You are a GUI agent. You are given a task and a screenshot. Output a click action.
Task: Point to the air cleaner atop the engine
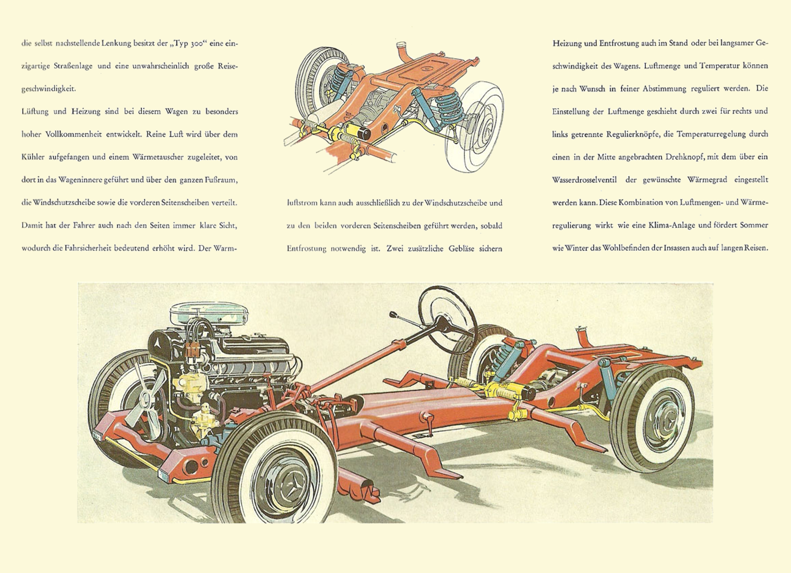point(209,313)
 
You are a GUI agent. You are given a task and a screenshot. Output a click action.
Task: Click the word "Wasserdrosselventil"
point(584,180)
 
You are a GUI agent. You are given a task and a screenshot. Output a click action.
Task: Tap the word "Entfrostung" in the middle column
point(306,249)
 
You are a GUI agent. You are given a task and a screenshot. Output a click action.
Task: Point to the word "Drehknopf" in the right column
point(684,157)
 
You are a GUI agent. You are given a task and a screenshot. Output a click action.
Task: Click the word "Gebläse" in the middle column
point(461,249)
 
